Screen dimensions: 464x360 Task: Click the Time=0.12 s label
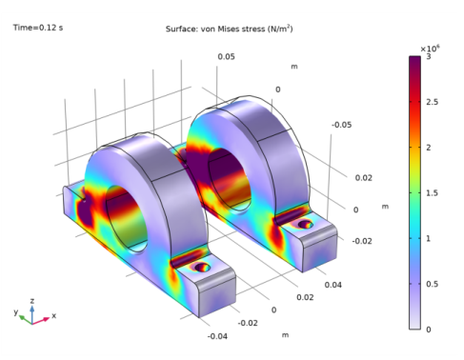pos(38,28)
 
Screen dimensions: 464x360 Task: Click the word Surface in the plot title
pos(179,29)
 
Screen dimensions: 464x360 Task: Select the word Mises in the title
pos(229,29)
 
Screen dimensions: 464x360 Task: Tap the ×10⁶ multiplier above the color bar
pos(430,49)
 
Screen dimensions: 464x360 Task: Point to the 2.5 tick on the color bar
pos(433,102)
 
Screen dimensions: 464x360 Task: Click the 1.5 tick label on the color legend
pos(432,193)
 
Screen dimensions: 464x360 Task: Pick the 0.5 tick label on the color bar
pos(432,284)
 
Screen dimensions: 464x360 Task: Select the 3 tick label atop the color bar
pos(429,57)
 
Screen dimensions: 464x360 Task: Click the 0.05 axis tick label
pos(227,57)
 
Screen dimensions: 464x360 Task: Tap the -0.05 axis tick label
pos(342,125)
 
